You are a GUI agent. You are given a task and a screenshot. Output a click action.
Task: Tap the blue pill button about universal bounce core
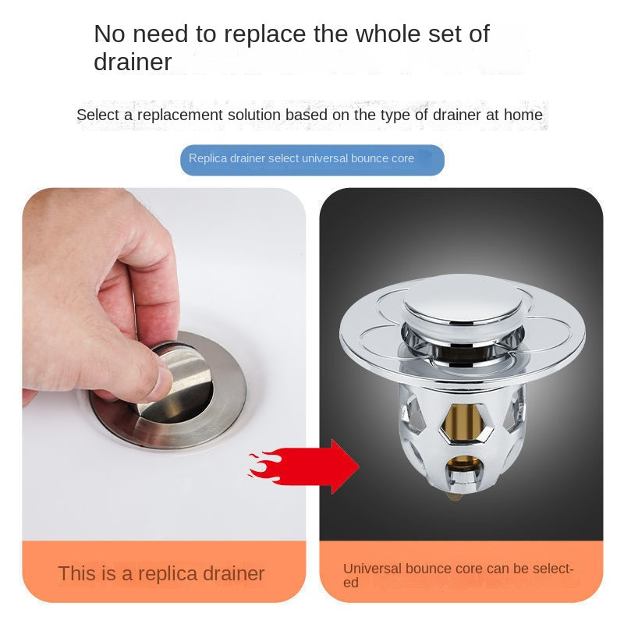click(313, 160)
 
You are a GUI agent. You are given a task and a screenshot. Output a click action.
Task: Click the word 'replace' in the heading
click(266, 34)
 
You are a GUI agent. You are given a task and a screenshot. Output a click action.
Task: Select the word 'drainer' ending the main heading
click(133, 62)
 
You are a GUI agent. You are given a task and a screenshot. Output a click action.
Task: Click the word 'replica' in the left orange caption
click(167, 574)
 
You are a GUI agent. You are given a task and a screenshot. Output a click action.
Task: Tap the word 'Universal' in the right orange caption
click(372, 569)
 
